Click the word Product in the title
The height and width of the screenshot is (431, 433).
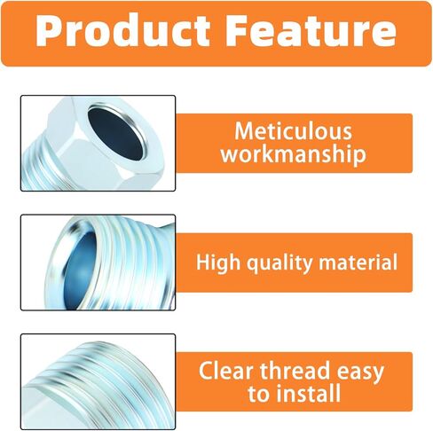(x=123, y=30)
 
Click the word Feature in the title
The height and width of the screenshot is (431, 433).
(x=312, y=30)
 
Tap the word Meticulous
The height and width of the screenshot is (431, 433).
(x=293, y=131)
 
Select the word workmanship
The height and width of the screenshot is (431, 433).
(x=293, y=154)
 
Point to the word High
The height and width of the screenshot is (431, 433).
(x=218, y=263)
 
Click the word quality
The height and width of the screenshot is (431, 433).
(x=279, y=263)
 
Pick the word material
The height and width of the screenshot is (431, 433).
(x=358, y=262)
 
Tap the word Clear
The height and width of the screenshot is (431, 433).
(x=226, y=371)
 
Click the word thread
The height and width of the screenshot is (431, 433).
(x=295, y=371)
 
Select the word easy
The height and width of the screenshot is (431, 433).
(x=360, y=372)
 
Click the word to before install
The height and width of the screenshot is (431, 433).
(x=258, y=394)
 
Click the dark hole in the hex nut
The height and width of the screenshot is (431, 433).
(x=115, y=134)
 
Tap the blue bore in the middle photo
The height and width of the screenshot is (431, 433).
(x=78, y=271)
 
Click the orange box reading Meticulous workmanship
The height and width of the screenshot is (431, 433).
(x=294, y=144)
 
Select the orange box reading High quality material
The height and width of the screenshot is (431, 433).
(x=294, y=263)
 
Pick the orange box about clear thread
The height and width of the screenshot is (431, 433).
(x=294, y=381)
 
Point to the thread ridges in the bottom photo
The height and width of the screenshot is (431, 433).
(x=98, y=384)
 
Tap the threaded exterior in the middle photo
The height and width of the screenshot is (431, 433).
(x=133, y=263)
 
